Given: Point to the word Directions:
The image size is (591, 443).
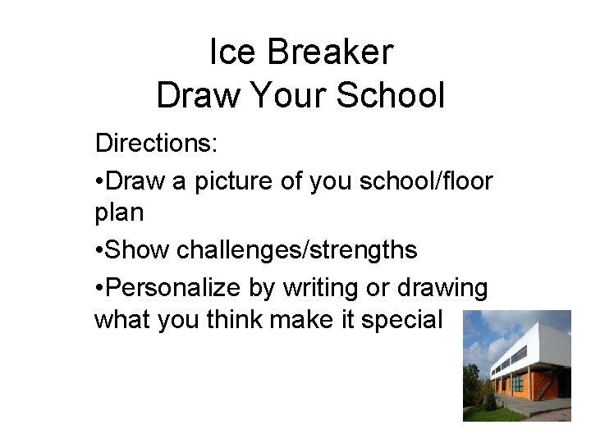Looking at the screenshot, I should point(156,143).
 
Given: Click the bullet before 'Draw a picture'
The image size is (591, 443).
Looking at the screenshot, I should point(99,180).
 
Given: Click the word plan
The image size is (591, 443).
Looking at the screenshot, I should point(119,214).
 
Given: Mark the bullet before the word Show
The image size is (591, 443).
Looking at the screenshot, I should point(99,251).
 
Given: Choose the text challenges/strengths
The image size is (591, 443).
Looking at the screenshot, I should point(297,249).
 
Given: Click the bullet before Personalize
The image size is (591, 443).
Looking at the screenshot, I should point(99,288).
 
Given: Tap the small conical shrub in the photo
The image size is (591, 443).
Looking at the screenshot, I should point(489,400).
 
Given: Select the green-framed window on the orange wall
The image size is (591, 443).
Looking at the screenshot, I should point(517,382).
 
